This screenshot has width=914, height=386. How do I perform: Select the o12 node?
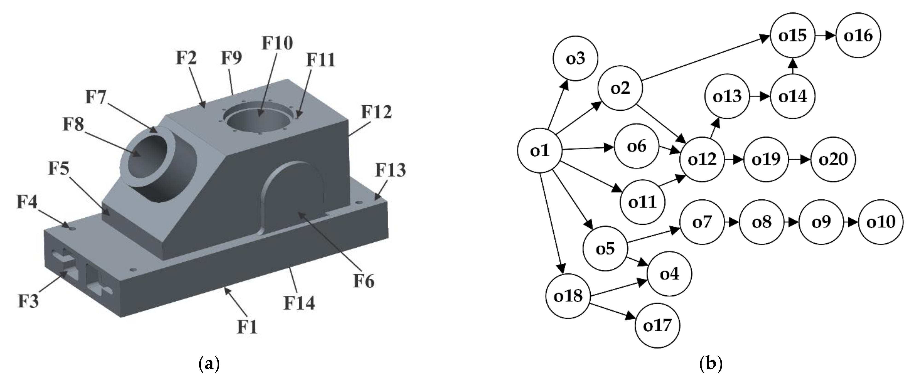(x=702, y=159)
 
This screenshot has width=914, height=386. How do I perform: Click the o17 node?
(x=657, y=325)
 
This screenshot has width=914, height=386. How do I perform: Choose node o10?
(x=881, y=222)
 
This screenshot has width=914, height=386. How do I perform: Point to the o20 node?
(x=833, y=159)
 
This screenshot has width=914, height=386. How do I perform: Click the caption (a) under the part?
(x=208, y=365)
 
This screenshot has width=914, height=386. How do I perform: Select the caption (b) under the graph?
(x=711, y=365)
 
